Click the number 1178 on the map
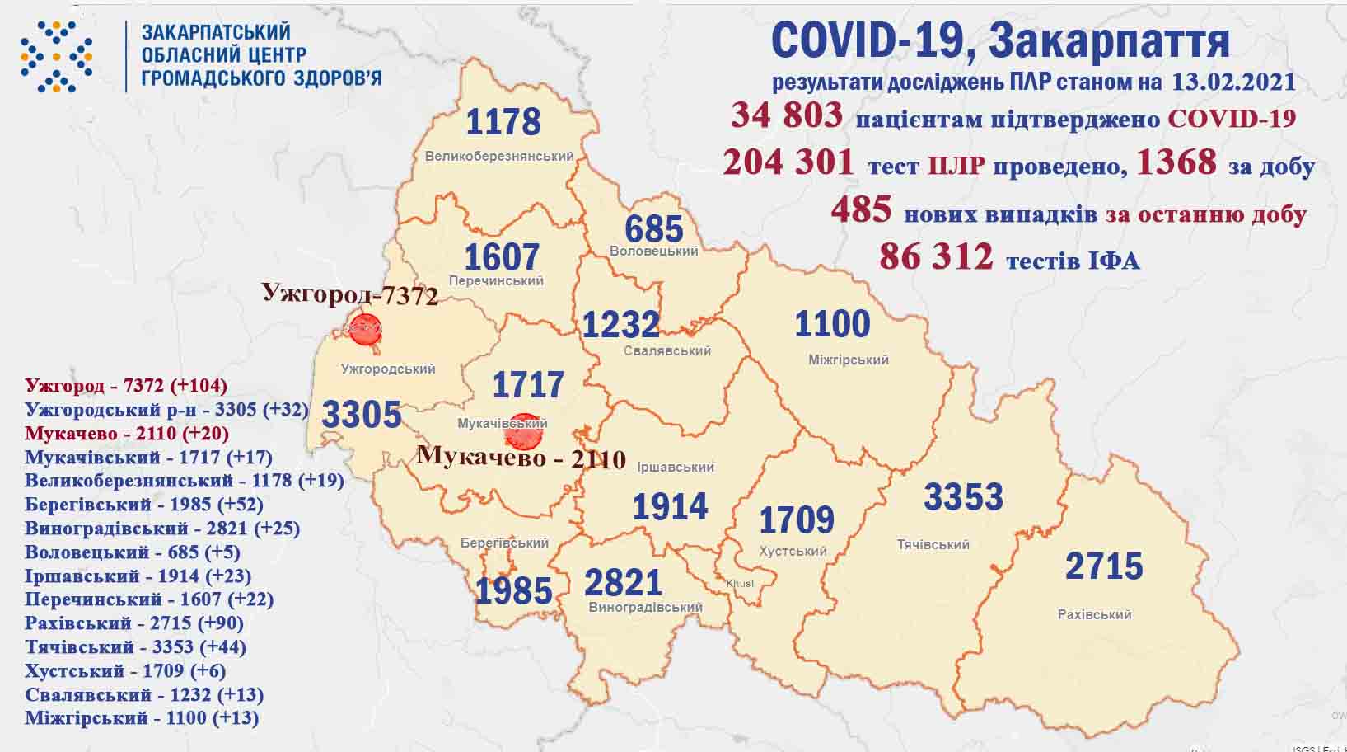[x=503, y=122]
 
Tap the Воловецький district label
[x=654, y=251]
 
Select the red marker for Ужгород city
[x=365, y=328]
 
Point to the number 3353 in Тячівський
[x=963, y=497]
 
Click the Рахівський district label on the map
[x=1094, y=614]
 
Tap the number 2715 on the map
[x=1104, y=566]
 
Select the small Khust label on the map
[x=739, y=584]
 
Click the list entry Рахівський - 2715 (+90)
[x=135, y=623]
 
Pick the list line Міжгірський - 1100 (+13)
[x=142, y=718]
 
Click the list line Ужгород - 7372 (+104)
[x=126, y=385]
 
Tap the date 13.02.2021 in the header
[x=1231, y=82]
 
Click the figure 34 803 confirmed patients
[x=787, y=115]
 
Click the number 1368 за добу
[x=1176, y=162]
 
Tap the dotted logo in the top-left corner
[x=56, y=56]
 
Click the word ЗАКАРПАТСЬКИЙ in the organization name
[x=216, y=32]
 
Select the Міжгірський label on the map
[x=848, y=360]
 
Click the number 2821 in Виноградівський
[x=623, y=583]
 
